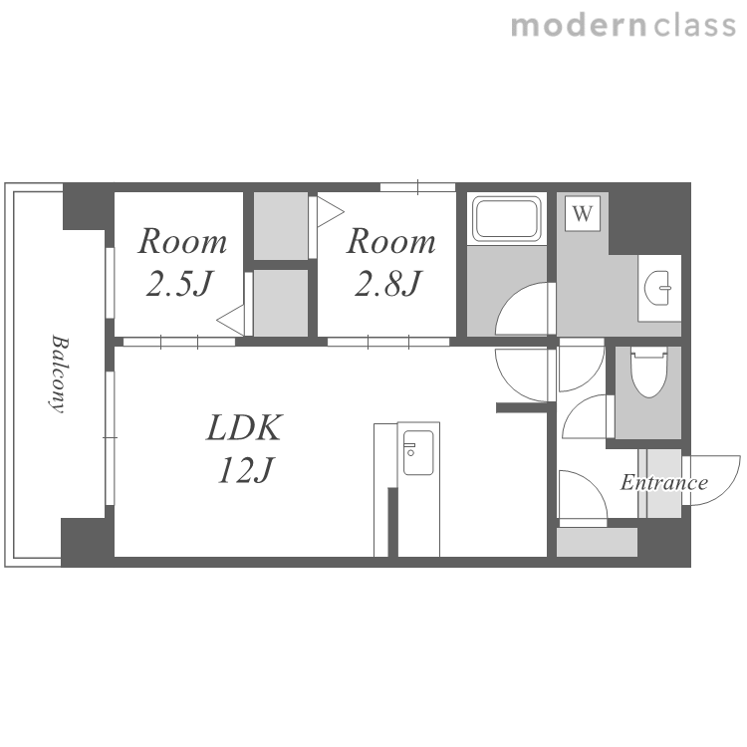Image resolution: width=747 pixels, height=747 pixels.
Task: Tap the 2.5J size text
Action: click(x=179, y=284)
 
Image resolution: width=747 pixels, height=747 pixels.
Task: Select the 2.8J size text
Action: click(x=388, y=284)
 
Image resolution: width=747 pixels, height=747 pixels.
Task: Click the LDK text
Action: click(x=245, y=428)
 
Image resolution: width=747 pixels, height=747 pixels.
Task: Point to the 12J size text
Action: click(x=246, y=470)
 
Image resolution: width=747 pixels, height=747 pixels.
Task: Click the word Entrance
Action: click(x=663, y=483)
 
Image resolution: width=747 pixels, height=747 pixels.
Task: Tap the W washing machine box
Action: click(x=583, y=213)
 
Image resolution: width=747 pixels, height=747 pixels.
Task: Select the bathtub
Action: click(x=506, y=219)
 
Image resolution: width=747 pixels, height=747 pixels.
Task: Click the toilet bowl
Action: click(x=649, y=373)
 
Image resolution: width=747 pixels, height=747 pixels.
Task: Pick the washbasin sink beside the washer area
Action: click(x=658, y=288)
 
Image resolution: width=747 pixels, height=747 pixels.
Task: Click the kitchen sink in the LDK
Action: click(x=418, y=452)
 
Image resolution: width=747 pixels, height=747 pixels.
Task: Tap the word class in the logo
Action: click(x=694, y=26)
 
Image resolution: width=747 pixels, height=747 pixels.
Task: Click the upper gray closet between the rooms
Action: click(x=280, y=226)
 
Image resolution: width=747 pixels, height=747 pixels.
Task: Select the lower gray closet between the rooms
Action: click(x=280, y=303)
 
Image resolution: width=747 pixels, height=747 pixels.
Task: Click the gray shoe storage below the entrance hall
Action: click(x=597, y=542)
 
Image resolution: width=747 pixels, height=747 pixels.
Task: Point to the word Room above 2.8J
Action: click(x=390, y=242)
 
